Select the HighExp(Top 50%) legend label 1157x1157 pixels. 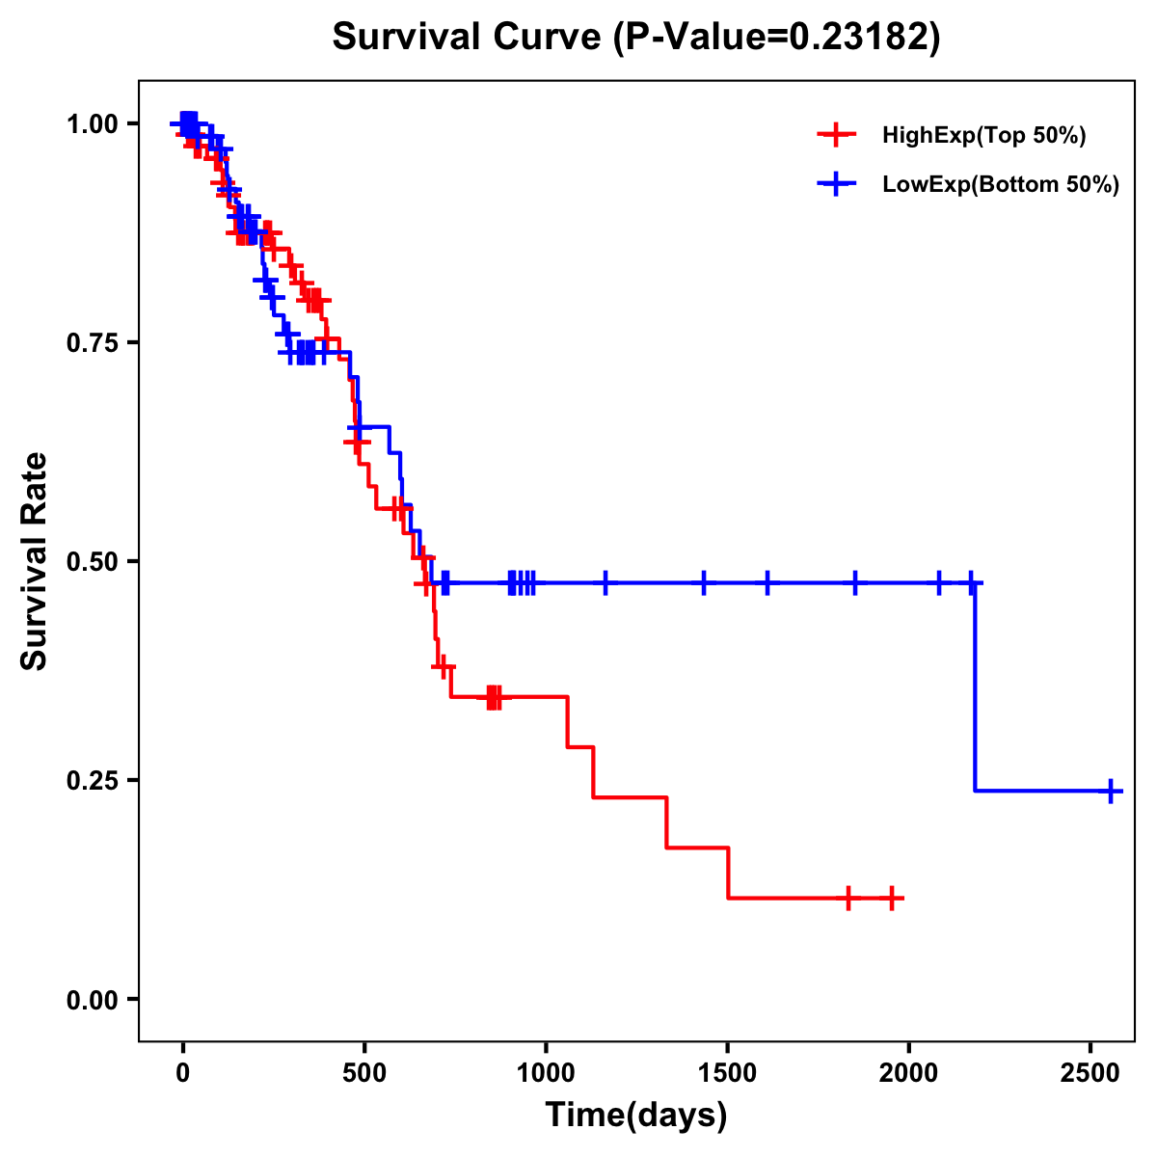tap(983, 136)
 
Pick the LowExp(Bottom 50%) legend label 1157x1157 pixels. tap(1001, 185)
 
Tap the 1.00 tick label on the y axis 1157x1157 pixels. tap(92, 124)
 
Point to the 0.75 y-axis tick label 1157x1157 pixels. tap(92, 343)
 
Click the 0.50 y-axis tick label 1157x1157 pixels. tap(92, 562)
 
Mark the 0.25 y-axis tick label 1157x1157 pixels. tap(92, 781)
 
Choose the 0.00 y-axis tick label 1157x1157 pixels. tap(92, 1000)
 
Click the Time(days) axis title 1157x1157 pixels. tap(636, 1116)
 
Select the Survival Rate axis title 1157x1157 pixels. tap(35, 561)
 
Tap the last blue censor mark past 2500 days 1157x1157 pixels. tap(1111, 792)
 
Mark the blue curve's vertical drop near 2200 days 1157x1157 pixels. tap(975, 686)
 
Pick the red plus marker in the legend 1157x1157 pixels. tap(836, 136)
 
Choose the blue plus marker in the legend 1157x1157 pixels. tap(836, 185)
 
